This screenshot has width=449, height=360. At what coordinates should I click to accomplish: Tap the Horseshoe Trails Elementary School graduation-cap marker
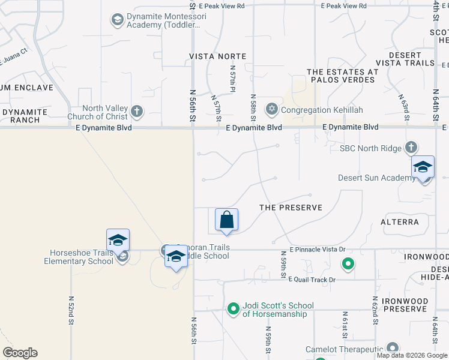click(x=118, y=241)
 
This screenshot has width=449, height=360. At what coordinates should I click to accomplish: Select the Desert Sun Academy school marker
click(x=422, y=167)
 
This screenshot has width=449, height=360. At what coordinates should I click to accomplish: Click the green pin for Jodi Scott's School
click(x=234, y=310)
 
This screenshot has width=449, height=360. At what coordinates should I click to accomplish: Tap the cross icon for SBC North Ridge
click(x=411, y=148)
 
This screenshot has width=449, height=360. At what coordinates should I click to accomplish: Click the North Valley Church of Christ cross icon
click(x=137, y=111)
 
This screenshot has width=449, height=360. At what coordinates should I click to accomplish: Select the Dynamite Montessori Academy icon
click(x=117, y=20)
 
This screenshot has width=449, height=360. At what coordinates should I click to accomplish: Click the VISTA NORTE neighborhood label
click(x=217, y=56)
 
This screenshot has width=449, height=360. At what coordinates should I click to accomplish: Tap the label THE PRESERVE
click(x=291, y=208)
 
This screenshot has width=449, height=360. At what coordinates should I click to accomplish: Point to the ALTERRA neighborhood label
click(x=400, y=222)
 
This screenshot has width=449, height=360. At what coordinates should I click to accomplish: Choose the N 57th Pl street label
click(x=232, y=79)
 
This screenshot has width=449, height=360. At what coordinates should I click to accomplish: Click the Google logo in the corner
click(x=20, y=353)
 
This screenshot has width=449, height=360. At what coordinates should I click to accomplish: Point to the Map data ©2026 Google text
click(x=412, y=356)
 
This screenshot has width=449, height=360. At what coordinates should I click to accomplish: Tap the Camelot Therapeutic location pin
click(x=393, y=348)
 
